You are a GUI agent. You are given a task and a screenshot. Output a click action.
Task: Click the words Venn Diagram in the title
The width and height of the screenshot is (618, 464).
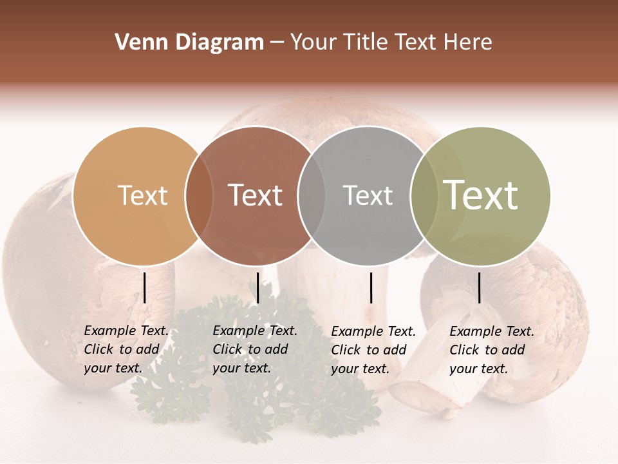[x=189, y=43]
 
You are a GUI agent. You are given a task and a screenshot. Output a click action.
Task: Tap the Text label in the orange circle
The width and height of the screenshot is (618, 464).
[x=143, y=196]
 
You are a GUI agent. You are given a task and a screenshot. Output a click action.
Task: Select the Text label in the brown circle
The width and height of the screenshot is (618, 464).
[x=255, y=196]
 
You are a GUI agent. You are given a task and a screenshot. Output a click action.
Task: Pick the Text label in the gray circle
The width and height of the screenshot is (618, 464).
[x=368, y=196]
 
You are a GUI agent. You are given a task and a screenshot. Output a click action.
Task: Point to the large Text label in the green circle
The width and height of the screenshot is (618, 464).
[x=481, y=195]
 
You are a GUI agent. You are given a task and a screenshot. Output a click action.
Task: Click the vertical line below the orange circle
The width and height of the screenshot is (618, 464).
[x=145, y=287]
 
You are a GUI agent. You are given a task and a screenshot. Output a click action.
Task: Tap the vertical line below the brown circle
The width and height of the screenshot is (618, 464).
[x=257, y=287]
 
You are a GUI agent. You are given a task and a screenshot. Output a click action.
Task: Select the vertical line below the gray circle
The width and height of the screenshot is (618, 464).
[x=371, y=287]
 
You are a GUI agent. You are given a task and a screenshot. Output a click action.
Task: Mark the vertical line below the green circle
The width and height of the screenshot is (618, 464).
[x=479, y=287]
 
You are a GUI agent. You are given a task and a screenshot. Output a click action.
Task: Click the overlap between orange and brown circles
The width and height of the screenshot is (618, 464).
[x=199, y=196]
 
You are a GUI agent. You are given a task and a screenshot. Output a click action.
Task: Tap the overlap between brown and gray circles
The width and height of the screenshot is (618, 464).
[x=312, y=196]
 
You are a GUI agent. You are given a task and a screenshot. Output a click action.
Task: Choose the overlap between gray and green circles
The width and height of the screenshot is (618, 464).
[x=424, y=196]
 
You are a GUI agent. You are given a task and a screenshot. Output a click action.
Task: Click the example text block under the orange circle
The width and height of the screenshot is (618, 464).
[x=126, y=350]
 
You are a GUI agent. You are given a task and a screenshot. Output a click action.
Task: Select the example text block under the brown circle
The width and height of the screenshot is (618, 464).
[x=255, y=350]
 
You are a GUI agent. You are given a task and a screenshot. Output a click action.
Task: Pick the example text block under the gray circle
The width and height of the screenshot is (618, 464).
[x=373, y=350]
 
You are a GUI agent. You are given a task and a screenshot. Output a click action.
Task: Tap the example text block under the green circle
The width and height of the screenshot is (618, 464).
[x=492, y=350]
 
